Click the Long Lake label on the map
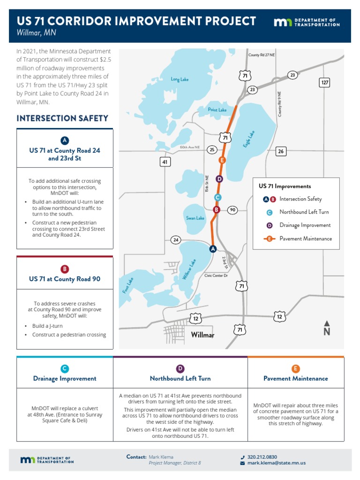[x=180, y=79]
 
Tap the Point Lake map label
[x=217, y=110]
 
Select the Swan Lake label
[x=195, y=218]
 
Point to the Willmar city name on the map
[x=202, y=335]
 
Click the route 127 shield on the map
[x=324, y=82]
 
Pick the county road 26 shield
[x=281, y=151]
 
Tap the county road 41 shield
[x=165, y=162]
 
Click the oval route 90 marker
[x=232, y=210]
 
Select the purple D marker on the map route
[x=219, y=179]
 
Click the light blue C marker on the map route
[x=217, y=197]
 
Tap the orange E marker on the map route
[x=222, y=160]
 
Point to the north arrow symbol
[x=327, y=328]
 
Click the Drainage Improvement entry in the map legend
[x=305, y=225]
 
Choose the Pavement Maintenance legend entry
[x=306, y=239]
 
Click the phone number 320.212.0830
[x=262, y=457]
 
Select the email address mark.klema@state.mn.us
[x=277, y=463]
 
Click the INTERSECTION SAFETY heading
[x=62, y=119]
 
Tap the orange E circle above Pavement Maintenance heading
[x=295, y=368]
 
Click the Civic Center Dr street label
[x=216, y=276]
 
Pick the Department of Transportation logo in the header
[x=307, y=22]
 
